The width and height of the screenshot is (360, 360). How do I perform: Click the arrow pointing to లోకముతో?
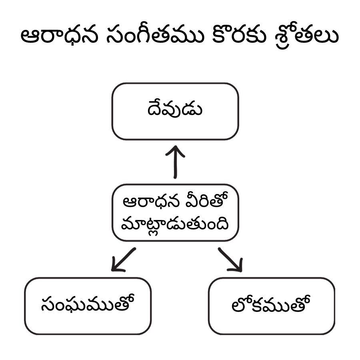coord(230,259)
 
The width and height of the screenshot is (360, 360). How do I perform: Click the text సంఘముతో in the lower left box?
coord(88,305)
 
